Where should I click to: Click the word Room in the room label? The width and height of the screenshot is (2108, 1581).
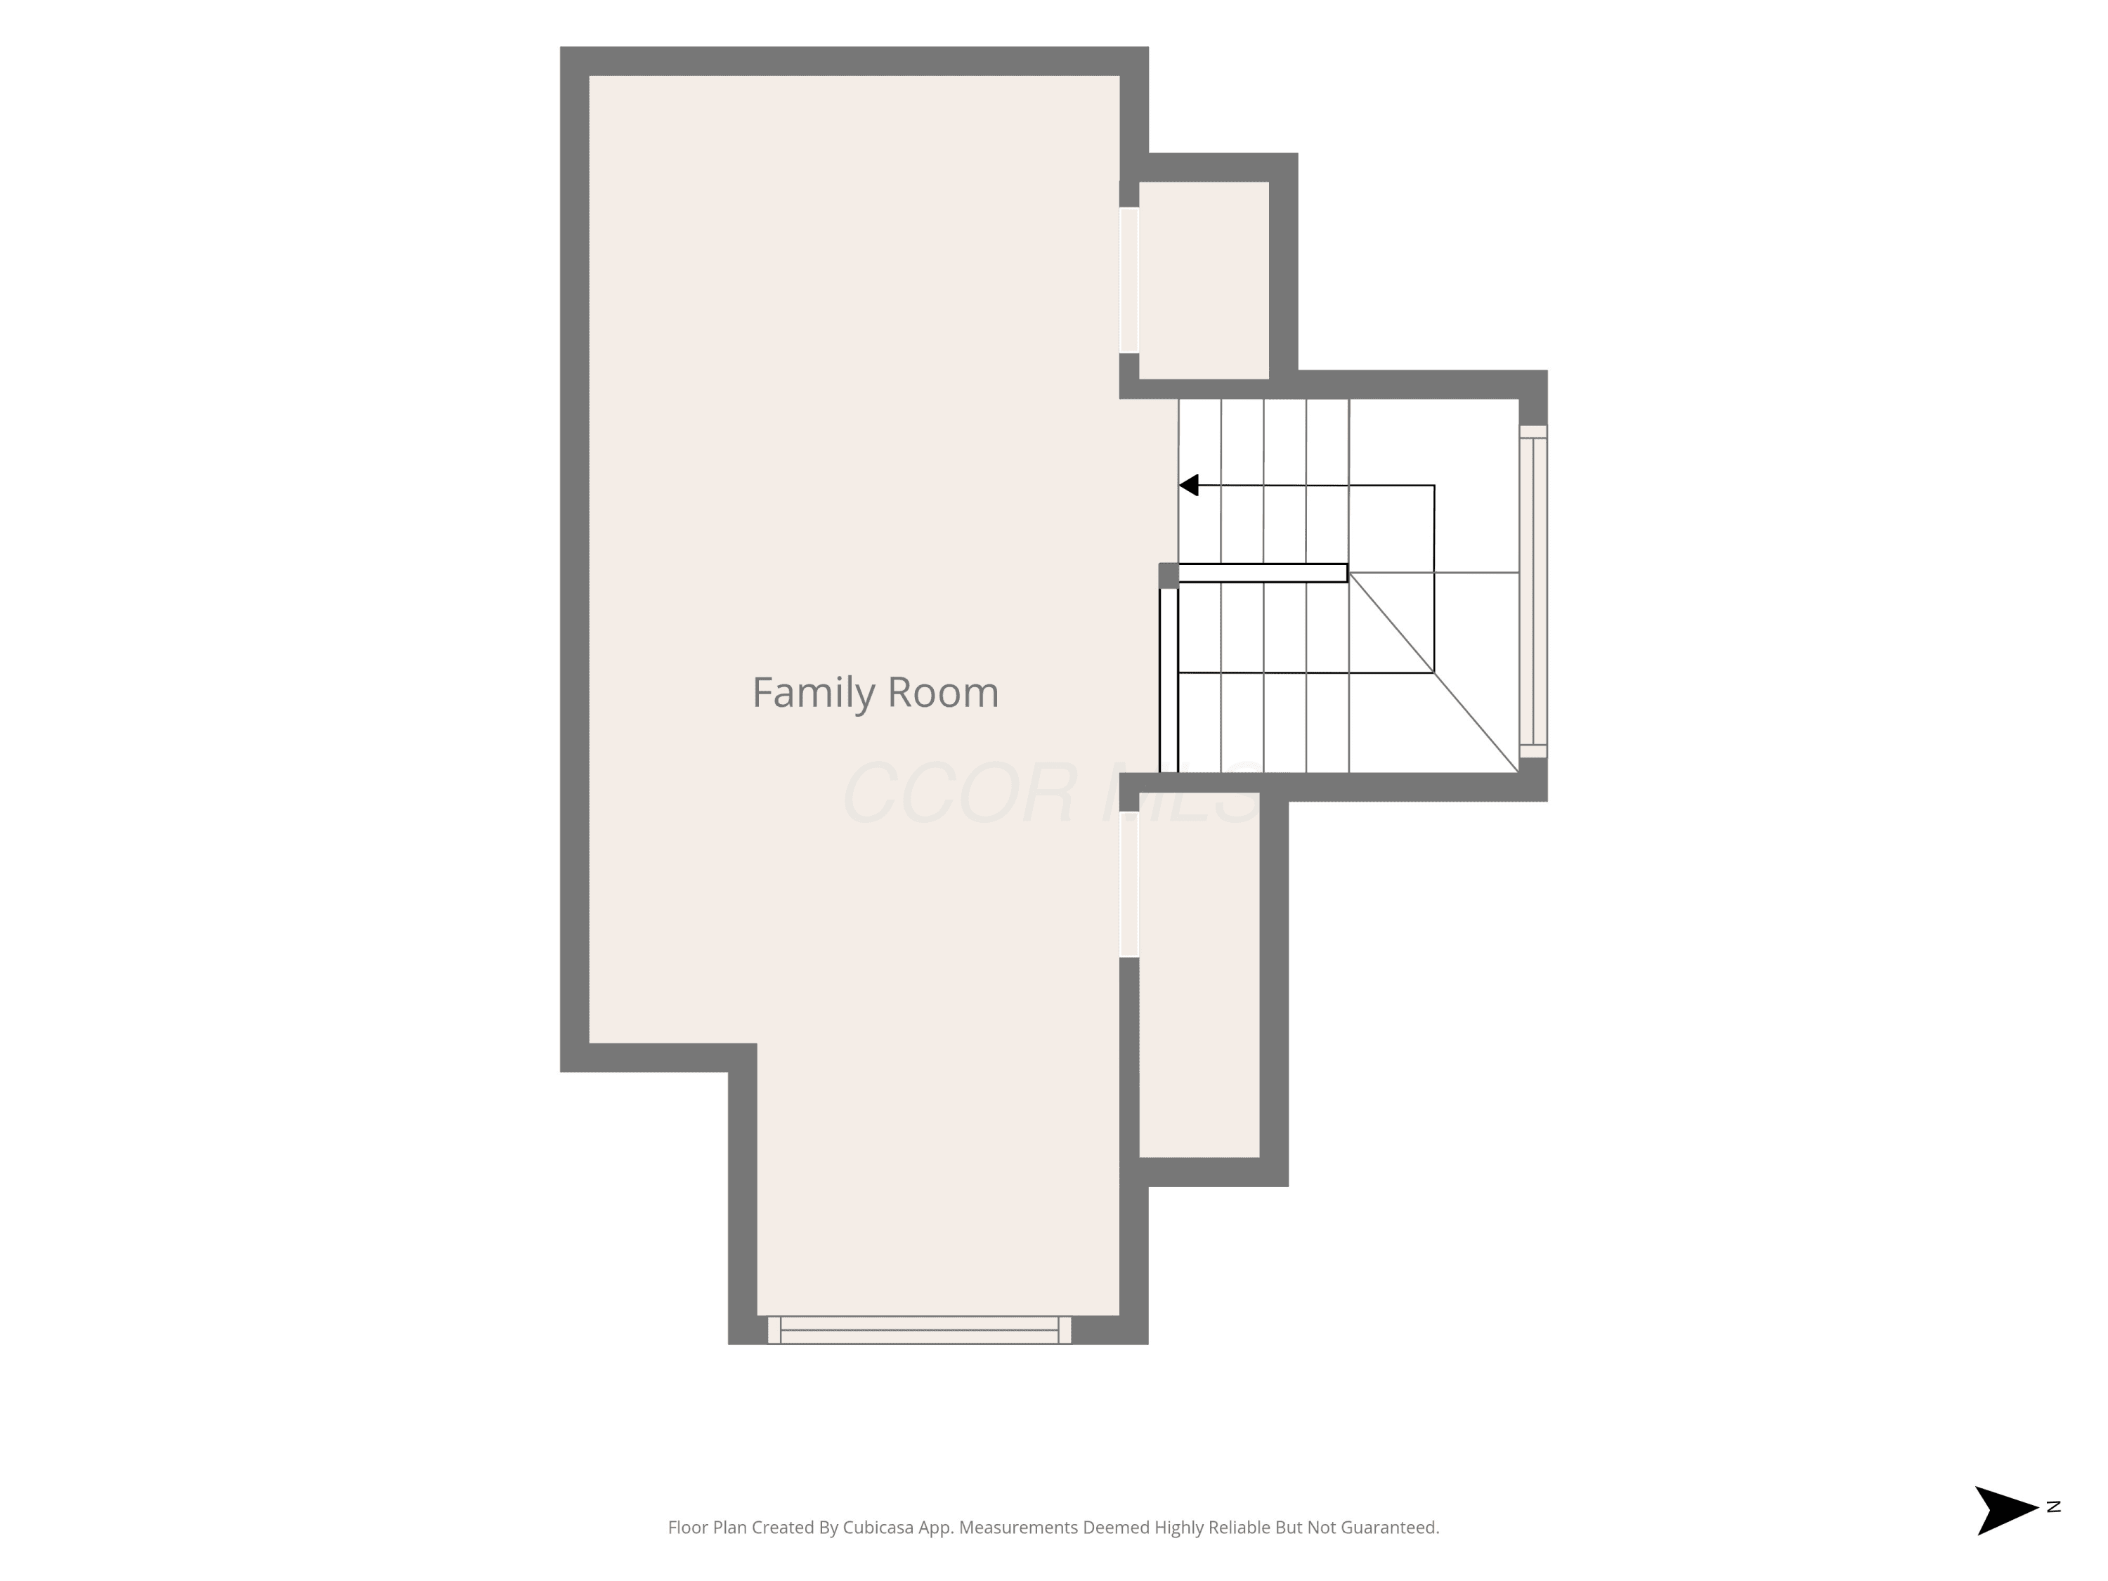tap(942, 693)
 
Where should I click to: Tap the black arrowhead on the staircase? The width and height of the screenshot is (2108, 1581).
tap(1188, 485)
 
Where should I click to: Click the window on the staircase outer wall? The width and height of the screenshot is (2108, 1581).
tap(1533, 592)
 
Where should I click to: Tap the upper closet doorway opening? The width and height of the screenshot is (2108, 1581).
tap(1129, 280)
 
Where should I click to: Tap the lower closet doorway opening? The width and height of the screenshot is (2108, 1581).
tap(1129, 885)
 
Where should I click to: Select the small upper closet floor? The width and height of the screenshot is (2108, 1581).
tap(1204, 280)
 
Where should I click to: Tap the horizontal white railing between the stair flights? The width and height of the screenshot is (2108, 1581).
tap(1263, 573)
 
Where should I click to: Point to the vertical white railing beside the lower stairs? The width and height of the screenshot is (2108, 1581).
tap(1169, 680)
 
